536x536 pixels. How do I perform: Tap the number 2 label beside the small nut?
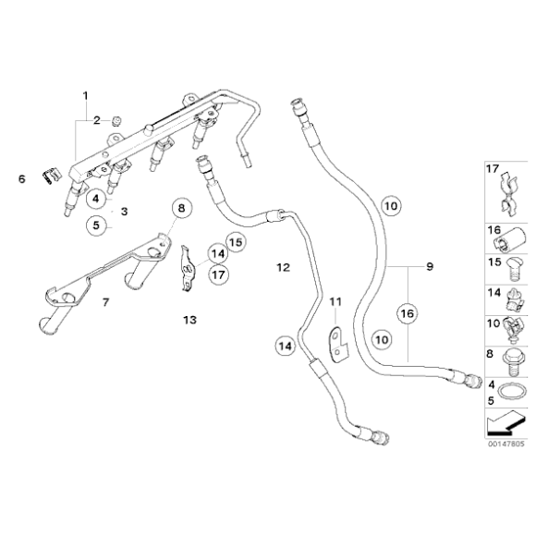[94, 120]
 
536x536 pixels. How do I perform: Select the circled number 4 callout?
[98, 196]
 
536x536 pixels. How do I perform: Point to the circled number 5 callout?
[98, 224]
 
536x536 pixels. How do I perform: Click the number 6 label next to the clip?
[22, 178]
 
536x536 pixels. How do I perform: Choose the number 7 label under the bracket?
[105, 301]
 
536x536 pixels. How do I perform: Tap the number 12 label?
[283, 267]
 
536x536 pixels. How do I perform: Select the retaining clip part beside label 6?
[52, 175]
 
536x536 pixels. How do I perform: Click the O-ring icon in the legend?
[507, 395]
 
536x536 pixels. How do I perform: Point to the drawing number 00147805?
[506, 444]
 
